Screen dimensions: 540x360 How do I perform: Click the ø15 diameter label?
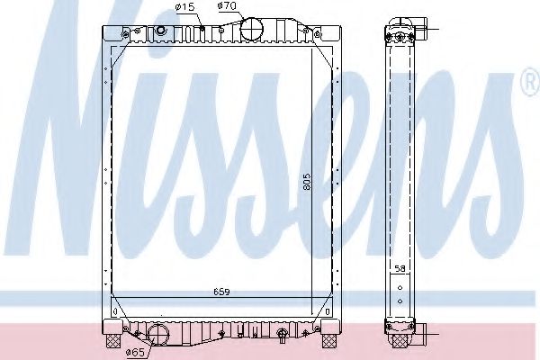tap(185, 7)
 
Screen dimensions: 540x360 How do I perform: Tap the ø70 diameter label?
tap(227, 6)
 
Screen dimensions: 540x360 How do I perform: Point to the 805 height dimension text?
tap(307, 182)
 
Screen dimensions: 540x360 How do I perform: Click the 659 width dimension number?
tap(221, 292)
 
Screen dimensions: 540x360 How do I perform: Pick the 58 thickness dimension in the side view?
tap(400, 269)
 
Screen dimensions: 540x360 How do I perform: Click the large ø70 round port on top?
tap(251, 29)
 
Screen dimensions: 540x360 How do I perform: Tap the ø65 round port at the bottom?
tap(158, 335)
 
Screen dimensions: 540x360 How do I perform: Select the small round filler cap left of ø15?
tap(161, 30)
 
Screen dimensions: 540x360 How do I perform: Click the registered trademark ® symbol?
tap(530, 82)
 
